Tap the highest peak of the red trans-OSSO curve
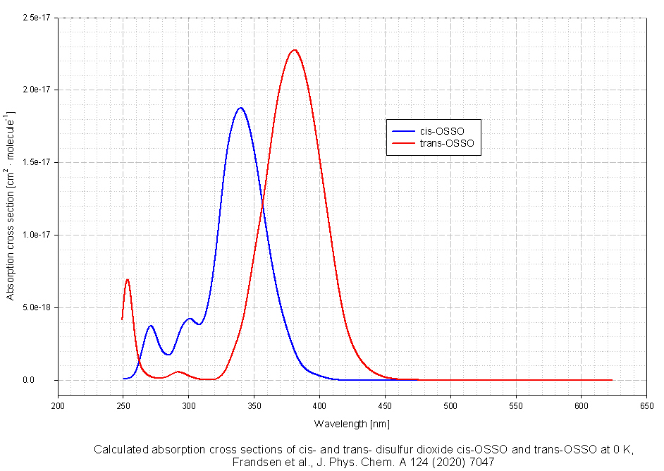click(294, 50)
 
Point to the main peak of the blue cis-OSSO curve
click(240, 108)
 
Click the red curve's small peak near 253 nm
click(128, 279)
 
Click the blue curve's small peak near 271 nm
click(151, 326)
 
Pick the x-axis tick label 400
click(319, 405)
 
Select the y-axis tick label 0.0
click(47, 380)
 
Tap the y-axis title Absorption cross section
click(10, 204)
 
